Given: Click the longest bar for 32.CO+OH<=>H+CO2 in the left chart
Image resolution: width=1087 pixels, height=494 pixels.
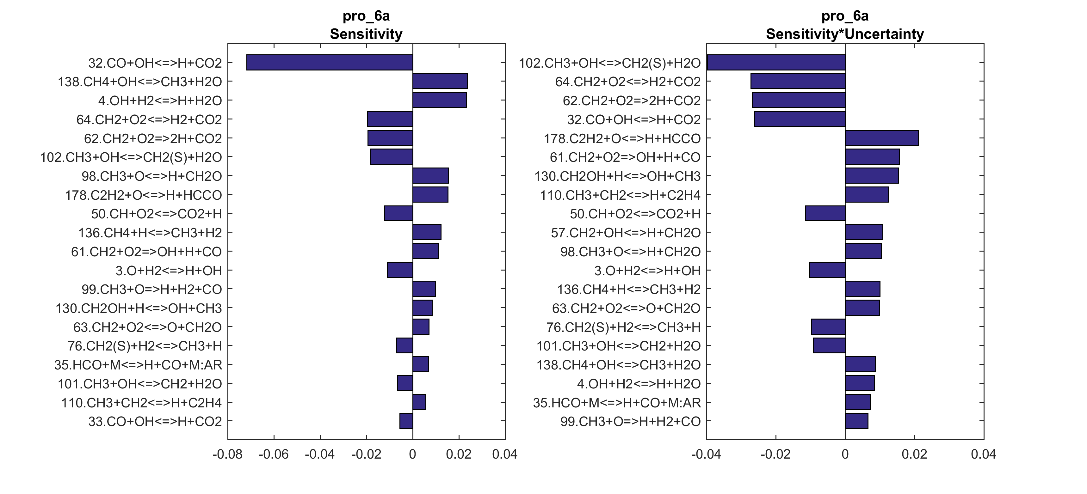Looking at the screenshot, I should click(330, 63).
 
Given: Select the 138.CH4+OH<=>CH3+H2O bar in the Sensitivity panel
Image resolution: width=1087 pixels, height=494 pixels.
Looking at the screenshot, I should click(440, 82).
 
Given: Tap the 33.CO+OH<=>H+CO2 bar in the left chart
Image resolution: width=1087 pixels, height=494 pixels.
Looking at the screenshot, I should click(406, 421).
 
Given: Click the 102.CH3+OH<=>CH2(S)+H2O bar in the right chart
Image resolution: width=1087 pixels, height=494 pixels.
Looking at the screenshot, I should click(776, 63).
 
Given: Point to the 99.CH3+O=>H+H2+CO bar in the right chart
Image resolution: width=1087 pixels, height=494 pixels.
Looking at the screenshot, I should click(857, 421).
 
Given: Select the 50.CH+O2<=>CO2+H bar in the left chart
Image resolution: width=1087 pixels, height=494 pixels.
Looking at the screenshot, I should click(398, 213).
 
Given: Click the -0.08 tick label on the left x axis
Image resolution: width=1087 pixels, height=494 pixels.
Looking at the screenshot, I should click(227, 455).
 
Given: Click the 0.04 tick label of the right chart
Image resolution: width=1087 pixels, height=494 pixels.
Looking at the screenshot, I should click(984, 455).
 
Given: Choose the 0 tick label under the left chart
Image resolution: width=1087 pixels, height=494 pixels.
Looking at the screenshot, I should click(413, 455).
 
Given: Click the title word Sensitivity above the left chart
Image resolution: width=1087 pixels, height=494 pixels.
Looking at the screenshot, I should click(366, 34).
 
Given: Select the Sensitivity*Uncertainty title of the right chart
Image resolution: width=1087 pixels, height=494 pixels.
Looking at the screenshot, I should click(845, 34).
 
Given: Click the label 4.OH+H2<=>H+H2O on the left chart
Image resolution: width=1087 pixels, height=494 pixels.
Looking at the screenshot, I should click(160, 101).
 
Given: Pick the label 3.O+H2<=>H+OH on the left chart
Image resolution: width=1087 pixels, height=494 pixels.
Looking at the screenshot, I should click(168, 271).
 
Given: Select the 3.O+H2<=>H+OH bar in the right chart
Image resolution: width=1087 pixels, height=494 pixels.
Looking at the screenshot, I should click(827, 270).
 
